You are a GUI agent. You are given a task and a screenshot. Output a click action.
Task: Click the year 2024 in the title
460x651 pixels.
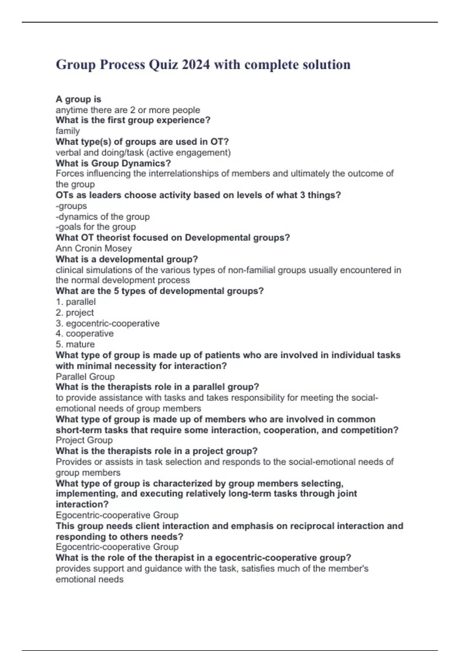pyautogui.click(x=196, y=65)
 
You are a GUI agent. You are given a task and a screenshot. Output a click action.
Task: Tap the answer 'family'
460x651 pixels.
pyautogui.click(x=68, y=131)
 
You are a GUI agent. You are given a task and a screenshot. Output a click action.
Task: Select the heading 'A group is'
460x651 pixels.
pyautogui.click(x=78, y=99)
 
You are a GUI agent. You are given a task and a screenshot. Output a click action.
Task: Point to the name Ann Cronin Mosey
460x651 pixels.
pyautogui.click(x=94, y=249)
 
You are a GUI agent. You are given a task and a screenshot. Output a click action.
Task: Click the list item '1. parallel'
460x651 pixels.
pyautogui.click(x=76, y=302)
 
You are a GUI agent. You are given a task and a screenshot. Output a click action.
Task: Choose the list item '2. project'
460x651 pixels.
pyautogui.click(x=75, y=312)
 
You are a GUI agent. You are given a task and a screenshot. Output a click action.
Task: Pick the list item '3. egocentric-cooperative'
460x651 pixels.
pyautogui.click(x=107, y=323)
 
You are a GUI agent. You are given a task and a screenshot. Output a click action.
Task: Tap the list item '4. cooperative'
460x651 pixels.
pyautogui.click(x=84, y=334)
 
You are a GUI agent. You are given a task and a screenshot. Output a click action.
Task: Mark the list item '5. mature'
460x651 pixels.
pyautogui.click(x=75, y=344)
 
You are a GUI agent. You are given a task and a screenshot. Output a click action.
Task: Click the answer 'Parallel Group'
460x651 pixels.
pyautogui.click(x=85, y=376)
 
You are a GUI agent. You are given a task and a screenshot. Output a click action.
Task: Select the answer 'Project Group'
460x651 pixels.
pyautogui.click(x=84, y=440)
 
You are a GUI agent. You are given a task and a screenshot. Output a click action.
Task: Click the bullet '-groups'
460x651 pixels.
pyautogui.click(x=71, y=206)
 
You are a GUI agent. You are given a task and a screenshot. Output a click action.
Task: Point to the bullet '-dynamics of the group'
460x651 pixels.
pyautogui.click(x=102, y=217)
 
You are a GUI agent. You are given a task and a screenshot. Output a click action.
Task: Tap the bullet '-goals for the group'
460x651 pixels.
pyautogui.click(x=95, y=227)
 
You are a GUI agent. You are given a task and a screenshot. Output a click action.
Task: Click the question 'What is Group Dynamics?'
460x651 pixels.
pyautogui.click(x=113, y=163)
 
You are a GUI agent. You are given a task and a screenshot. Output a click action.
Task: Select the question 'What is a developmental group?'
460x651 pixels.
pyautogui.click(x=127, y=259)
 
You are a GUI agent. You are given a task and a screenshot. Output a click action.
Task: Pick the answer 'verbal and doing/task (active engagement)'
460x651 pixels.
pyautogui.click(x=143, y=152)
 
